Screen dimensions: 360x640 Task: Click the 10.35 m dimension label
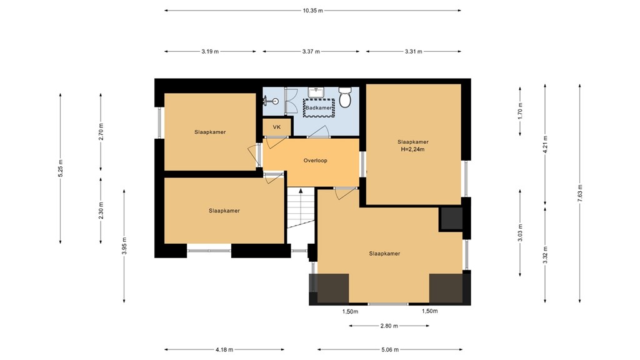(x=312, y=11)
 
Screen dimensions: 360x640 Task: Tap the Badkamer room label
(x=319, y=108)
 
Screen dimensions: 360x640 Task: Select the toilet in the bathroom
(x=346, y=99)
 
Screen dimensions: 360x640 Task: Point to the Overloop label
(x=315, y=161)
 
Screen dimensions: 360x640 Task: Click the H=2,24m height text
(x=412, y=149)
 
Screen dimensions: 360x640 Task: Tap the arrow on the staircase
(x=301, y=191)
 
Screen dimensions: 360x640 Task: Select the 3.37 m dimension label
(x=310, y=52)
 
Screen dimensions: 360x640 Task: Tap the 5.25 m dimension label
(x=61, y=169)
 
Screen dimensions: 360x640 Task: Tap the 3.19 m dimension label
(x=210, y=52)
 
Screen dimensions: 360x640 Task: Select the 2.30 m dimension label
(x=101, y=210)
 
